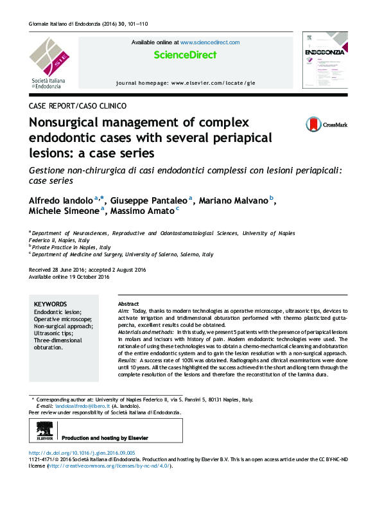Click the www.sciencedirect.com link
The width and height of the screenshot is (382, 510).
point(210,42)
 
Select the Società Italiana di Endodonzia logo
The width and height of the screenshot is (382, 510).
point(49,62)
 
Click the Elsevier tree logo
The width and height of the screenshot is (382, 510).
point(45,432)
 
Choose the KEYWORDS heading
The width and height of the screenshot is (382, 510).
point(50,304)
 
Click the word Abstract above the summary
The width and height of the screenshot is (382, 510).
point(128,304)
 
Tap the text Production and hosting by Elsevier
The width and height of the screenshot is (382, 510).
point(105,438)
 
